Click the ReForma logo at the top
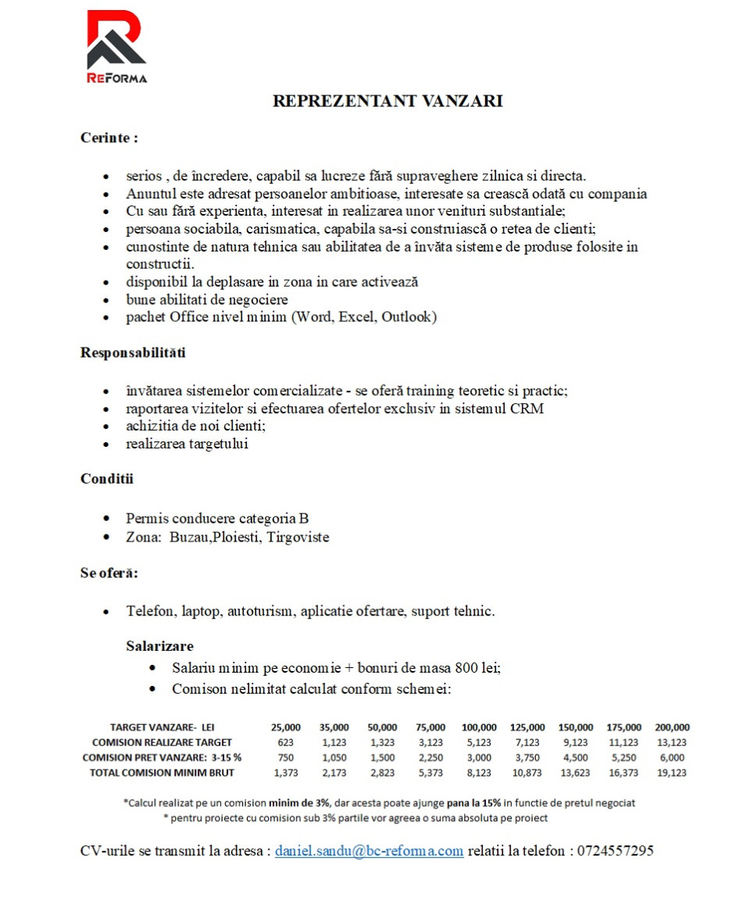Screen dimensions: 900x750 pyautogui.click(x=116, y=46)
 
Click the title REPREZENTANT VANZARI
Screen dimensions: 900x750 pyautogui.click(x=387, y=101)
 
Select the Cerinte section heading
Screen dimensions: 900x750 pyautogui.click(x=109, y=137)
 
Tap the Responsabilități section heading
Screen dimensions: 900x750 pyautogui.click(x=133, y=352)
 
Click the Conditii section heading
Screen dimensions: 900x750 pyautogui.click(x=107, y=479)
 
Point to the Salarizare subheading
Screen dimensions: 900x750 pyautogui.click(x=159, y=646)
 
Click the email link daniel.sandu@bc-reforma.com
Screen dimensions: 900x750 pyautogui.click(x=369, y=851)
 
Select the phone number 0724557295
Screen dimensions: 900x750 pyautogui.click(x=615, y=851)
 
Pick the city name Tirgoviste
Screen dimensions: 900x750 pyautogui.click(x=298, y=537)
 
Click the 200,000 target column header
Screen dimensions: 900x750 pyautogui.click(x=671, y=727)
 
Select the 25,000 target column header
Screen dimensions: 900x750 pyautogui.click(x=286, y=727)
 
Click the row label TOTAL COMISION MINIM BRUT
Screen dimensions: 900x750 pyautogui.click(x=162, y=773)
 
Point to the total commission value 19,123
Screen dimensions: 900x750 pyautogui.click(x=671, y=773)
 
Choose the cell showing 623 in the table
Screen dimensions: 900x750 pyautogui.click(x=286, y=742)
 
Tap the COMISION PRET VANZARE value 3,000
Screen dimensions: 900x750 pyautogui.click(x=478, y=757)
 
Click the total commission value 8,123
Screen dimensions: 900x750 pyautogui.click(x=478, y=773)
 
